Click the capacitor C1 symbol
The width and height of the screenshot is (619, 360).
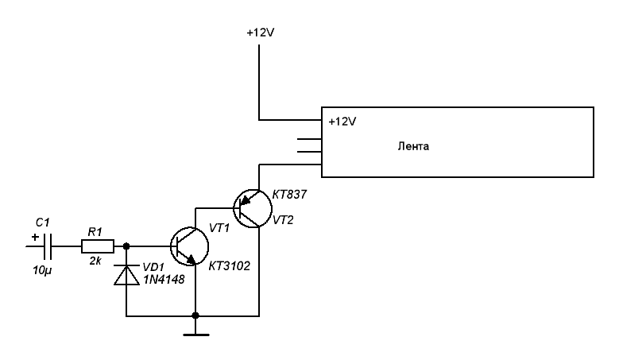point(48,247)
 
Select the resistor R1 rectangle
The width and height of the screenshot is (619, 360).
point(95,247)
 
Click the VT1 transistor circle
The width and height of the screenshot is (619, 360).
point(190,246)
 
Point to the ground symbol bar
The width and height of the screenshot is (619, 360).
point(195,335)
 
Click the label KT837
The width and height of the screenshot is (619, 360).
point(289,193)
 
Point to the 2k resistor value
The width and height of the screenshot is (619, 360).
point(95,261)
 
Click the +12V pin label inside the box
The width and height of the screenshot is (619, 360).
point(342,122)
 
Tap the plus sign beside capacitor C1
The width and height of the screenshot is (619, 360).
point(34,237)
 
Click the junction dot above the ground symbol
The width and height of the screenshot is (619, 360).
point(195,315)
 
